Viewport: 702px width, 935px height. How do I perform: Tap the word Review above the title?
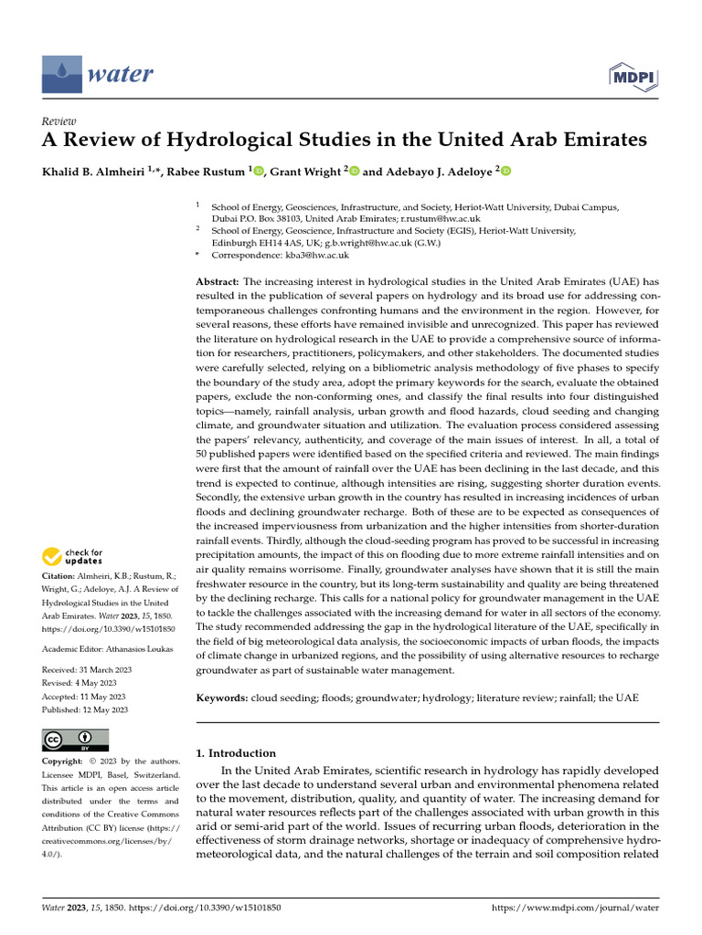(59, 121)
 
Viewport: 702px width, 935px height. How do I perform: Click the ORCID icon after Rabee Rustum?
(259, 171)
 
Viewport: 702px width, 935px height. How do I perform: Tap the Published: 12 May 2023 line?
(85, 709)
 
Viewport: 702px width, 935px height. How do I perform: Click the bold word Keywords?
(223, 698)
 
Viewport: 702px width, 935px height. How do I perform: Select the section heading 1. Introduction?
(236, 753)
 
